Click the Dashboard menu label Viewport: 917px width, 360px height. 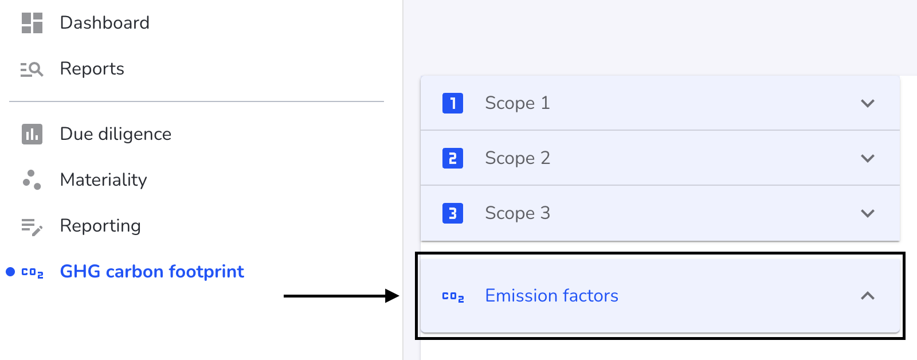tap(105, 22)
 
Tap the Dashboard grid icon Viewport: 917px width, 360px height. tap(32, 22)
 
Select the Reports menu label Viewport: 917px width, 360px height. tap(92, 68)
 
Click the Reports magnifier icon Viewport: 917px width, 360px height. tap(32, 69)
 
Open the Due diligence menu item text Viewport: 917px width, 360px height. tap(116, 134)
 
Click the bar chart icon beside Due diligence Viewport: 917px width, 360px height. tap(32, 134)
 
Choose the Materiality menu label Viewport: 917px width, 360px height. tap(104, 180)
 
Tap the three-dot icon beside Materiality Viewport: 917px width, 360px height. tap(32, 180)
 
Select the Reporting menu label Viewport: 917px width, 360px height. tap(100, 226)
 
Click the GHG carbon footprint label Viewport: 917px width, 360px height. tap(152, 272)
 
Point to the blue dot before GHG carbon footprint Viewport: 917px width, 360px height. tap(10, 272)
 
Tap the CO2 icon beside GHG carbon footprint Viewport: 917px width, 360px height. tap(32, 273)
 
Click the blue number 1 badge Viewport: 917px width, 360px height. tap(453, 103)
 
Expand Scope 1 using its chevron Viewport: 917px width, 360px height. tap(868, 103)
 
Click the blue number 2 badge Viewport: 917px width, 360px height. tap(453, 158)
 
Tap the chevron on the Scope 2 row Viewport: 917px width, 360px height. tap(868, 158)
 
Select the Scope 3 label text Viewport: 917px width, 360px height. tap(518, 213)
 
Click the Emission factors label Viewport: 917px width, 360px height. tap(551, 296)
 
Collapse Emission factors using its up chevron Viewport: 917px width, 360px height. tap(868, 296)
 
